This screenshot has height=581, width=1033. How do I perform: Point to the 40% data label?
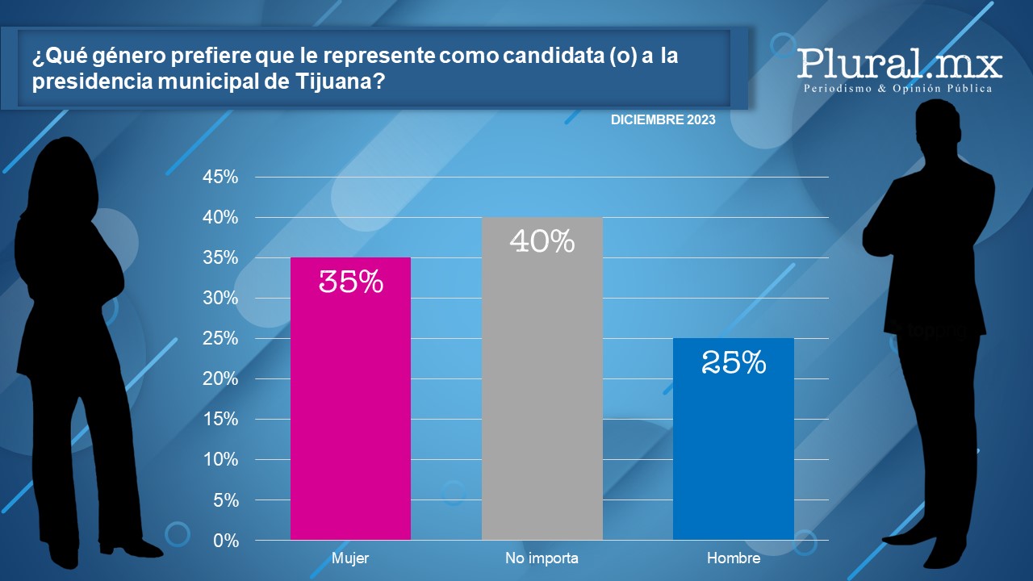point(542,240)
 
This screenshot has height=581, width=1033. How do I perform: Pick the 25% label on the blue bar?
point(734,362)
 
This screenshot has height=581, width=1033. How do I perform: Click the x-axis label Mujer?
point(350,558)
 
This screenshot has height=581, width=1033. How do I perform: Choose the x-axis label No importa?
point(542,558)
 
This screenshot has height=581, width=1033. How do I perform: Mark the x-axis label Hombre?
point(734,558)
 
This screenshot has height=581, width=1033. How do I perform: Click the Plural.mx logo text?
point(899,62)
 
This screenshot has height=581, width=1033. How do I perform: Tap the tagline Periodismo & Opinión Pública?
point(897,88)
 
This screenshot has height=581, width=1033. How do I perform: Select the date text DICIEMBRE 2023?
point(663,120)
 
